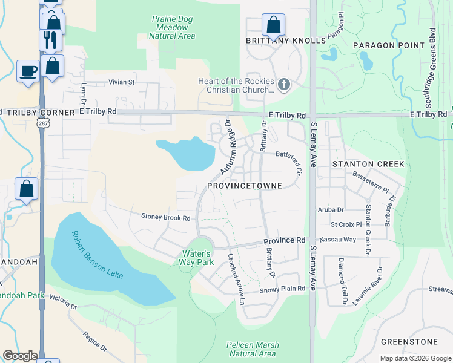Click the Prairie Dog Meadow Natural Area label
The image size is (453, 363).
coord(173,28)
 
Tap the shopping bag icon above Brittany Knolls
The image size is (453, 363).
coord(273,26)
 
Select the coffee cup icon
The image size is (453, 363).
coord(28,71)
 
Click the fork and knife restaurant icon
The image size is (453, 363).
coord(49,40)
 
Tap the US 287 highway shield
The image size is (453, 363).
coord(42,122)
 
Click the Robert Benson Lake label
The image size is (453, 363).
coord(97,255)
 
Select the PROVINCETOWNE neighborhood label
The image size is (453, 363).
coord(245,186)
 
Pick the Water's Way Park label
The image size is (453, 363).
coord(196,258)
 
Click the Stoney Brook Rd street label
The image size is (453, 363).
coord(166,217)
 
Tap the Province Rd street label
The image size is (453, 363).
coord(284,240)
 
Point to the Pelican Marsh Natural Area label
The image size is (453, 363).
coord(251,349)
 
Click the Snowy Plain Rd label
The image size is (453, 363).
coord(282,289)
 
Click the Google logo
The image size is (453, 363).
coord(19,356)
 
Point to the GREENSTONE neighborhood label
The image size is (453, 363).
coord(409,342)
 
